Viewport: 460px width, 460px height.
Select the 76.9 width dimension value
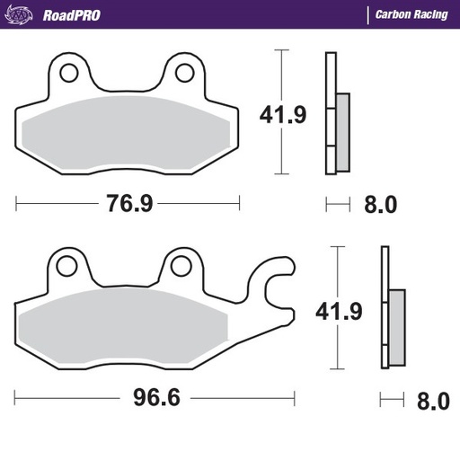click(x=128, y=204)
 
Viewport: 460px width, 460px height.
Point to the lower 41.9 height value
click(x=337, y=311)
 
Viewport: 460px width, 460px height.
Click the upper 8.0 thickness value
click(x=380, y=205)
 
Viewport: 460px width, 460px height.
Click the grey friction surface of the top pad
click(x=126, y=135)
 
